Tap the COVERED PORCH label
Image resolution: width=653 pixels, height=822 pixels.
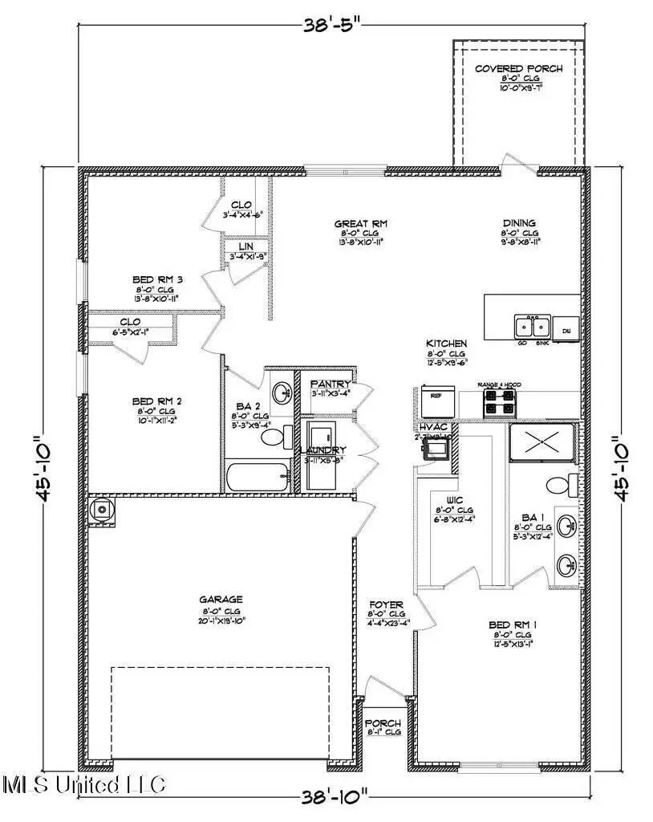click(518, 69)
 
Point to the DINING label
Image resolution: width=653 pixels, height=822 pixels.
click(519, 224)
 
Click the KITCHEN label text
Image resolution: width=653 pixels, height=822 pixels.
click(446, 344)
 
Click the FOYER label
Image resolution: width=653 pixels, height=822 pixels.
click(386, 604)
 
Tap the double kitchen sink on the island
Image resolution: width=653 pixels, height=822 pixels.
click(531, 327)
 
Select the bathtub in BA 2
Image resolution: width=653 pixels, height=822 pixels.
click(258, 478)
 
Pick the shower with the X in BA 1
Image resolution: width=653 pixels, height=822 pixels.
click(542, 441)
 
